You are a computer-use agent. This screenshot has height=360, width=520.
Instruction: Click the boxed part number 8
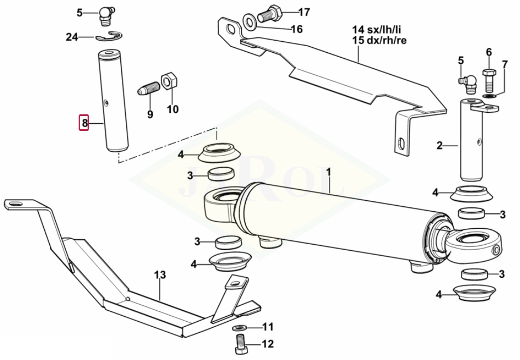84,123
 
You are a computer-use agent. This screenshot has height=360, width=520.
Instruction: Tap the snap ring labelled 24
109,37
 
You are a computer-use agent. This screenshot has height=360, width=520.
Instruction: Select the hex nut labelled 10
169,81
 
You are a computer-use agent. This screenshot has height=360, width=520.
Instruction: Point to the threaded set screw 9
148,89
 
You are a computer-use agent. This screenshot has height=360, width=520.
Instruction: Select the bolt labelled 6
489,81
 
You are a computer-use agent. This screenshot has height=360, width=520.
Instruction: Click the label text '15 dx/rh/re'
379,40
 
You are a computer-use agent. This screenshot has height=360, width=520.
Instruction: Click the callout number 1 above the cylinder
328,172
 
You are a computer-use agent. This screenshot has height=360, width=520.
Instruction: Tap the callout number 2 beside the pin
440,145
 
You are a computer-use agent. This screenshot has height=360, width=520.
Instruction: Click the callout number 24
72,37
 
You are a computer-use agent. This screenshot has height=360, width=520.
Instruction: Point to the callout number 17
304,12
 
